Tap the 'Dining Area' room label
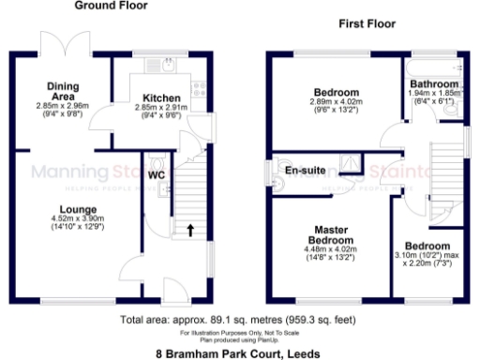click(x=64, y=90)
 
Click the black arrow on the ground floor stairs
click(x=190, y=229)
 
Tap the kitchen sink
click(x=163, y=67)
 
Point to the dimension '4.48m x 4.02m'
click(x=332, y=254)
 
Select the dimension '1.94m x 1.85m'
click(x=432, y=95)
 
